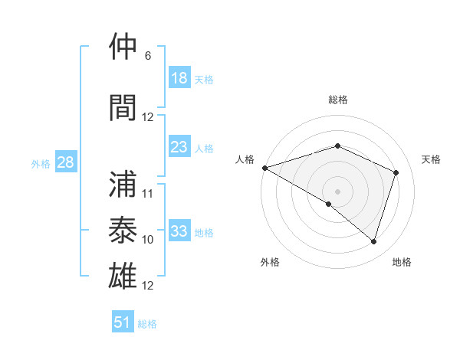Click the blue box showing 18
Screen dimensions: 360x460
[x=179, y=78]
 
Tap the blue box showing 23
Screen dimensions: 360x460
[x=179, y=147]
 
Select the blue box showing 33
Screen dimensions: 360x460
[x=179, y=231]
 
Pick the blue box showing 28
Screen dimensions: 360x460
[x=66, y=163]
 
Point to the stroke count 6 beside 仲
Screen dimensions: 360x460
[x=148, y=56]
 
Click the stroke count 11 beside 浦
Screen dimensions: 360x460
[x=148, y=193]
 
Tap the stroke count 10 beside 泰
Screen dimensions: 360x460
[x=148, y=239]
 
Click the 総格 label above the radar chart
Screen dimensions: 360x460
[x=337, y=100]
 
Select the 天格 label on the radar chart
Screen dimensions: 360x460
[x=432, y=159]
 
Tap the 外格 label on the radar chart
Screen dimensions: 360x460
[x=270, y=262]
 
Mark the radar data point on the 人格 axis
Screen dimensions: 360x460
[x=264, y=168]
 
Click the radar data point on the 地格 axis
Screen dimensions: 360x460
[x=374, y=241]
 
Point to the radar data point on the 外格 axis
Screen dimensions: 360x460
[x=329, y=204]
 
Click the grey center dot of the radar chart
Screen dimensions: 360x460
[x=337, y=191]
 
